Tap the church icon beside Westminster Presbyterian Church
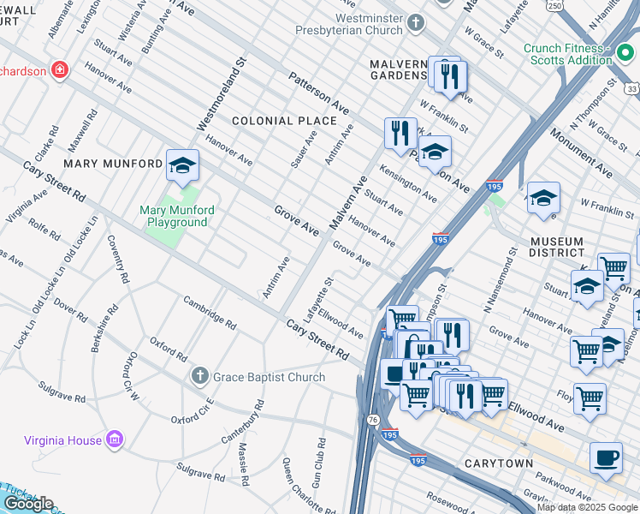point(415,21)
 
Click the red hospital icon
point(59,69)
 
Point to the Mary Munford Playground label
point(177,216)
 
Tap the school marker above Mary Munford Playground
point(182,167)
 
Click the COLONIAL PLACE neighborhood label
point(284,121)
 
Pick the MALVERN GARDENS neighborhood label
point(398,70)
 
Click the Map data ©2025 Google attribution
point(587,507)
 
